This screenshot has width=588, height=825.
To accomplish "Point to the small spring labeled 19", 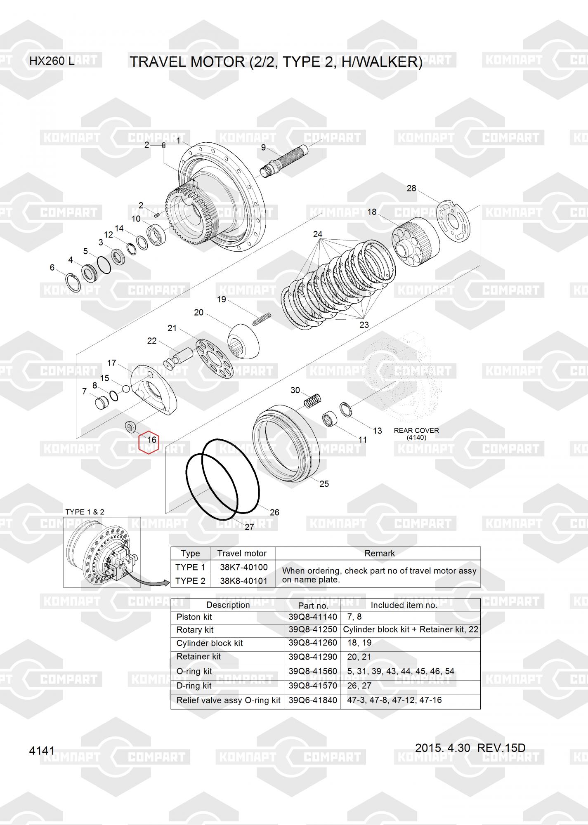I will pos(262,318).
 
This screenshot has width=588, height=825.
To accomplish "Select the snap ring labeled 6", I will pos(74,282).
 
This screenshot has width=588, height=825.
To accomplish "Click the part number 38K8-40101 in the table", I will pos(243,581).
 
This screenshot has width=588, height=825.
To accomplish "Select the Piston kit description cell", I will pos(194,617).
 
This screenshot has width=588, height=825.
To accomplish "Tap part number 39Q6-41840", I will pos(312,700).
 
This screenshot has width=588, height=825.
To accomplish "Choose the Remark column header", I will pos(379,553).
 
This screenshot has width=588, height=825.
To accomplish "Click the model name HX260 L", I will pos(52,61).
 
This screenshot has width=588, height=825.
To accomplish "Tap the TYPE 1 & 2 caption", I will pos(85,512).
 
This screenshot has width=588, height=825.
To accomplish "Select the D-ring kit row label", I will pos(194,686).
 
